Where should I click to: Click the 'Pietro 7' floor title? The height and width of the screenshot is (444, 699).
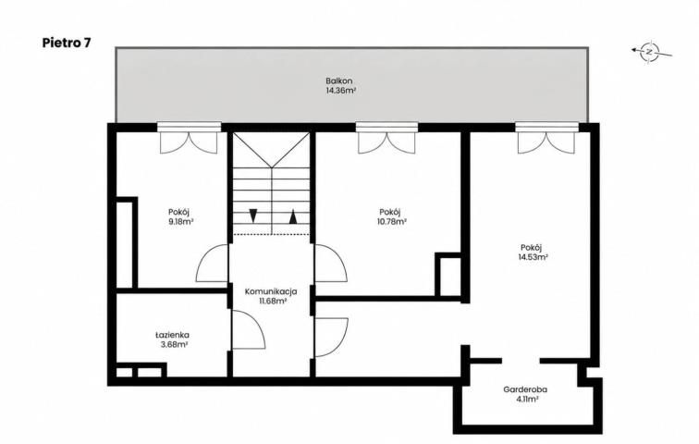tap(67, 43)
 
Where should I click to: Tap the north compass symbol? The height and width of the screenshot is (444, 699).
tap(651, 52)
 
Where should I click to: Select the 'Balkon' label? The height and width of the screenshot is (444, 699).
tap(339, 81)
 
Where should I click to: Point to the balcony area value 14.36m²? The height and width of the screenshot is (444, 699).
tap(340, 91)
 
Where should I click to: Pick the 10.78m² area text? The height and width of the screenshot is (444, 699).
tap(391, 221)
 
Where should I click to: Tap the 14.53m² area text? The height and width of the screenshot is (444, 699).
tap(533, 257)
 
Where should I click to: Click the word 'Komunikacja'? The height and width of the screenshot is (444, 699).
tap(271, 291)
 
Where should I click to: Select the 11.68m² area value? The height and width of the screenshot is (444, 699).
tap(273, 301)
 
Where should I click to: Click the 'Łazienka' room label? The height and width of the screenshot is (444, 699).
tap(172, 335)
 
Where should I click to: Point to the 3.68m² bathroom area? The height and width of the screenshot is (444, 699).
tap(173, 344)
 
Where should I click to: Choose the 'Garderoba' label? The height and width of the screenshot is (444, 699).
tap(525, 389)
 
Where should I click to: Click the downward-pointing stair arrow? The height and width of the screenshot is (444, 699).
tap(252, 216)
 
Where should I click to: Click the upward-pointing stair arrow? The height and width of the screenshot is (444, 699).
tap(293, 216)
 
